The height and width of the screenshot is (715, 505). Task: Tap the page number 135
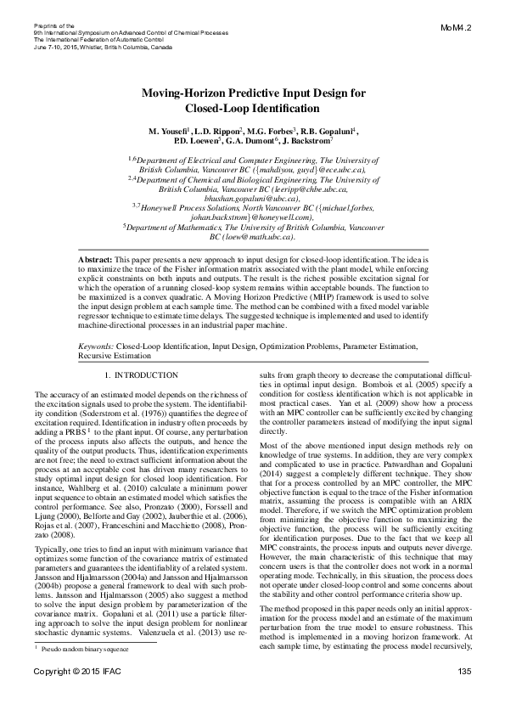pyautogui.click(x=463, y=697)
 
